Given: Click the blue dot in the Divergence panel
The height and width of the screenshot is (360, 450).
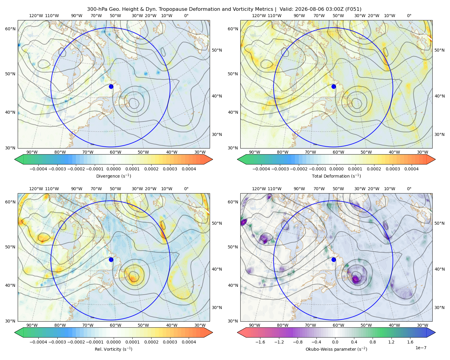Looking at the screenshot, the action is click(111, 87).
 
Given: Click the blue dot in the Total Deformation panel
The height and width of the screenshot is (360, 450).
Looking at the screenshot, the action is click(334, 87).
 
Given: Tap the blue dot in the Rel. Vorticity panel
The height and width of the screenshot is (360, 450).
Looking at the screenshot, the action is click(111, 259).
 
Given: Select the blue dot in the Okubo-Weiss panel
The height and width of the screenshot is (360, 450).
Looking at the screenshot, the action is click(334, 259).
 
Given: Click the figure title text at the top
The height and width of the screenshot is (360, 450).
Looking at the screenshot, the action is click(224, 9).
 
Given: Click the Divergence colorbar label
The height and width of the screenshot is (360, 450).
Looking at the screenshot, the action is click(113, 176).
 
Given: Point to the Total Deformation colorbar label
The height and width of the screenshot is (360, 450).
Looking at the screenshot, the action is click(336, 176).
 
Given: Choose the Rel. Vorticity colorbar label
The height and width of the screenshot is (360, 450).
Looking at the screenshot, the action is click(113, 349).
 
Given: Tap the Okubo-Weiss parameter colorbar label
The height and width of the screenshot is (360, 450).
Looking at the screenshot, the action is click(336, 349).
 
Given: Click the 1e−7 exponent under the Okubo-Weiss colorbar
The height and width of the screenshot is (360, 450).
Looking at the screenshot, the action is click(421, 348).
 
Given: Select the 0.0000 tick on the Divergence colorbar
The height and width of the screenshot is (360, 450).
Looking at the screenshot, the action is click(113, 169).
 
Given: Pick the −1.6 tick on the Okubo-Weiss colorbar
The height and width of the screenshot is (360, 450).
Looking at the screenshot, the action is click(260, 342).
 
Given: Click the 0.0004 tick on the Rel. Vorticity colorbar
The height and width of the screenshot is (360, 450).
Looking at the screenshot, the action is click(189, 342).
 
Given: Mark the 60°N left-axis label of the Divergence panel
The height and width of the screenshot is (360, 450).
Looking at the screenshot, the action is click(10, 29).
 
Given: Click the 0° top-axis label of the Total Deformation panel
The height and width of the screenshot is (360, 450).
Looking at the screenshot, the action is click(409, 16).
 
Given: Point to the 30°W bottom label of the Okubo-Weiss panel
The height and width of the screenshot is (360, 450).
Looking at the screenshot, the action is click(422, 325).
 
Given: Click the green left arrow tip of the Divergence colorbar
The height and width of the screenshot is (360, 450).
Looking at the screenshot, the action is click(15, 160).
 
